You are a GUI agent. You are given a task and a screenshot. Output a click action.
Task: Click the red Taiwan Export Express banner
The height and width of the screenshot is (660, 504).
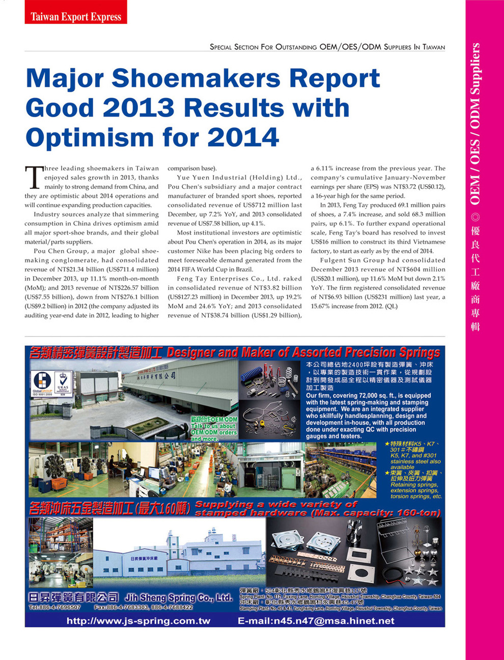click(76, 16)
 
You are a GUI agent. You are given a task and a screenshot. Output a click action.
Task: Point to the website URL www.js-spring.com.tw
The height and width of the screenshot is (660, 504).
click(138, 621)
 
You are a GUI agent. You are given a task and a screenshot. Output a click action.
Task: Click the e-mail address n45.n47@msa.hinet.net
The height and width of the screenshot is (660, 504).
click(316, 621)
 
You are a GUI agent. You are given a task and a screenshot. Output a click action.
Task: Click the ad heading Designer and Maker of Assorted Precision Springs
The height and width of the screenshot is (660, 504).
click(303, 352)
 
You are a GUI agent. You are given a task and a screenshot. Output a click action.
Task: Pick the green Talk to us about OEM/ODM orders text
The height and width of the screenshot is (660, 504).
click(213, 429)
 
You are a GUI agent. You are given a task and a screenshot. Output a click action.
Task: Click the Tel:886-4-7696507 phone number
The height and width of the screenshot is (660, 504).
click(55, 608)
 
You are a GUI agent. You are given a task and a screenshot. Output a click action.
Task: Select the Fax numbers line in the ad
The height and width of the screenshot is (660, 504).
click(144, 608)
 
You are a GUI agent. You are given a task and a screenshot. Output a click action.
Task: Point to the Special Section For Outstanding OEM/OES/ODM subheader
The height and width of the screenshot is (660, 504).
click(327, 47)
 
